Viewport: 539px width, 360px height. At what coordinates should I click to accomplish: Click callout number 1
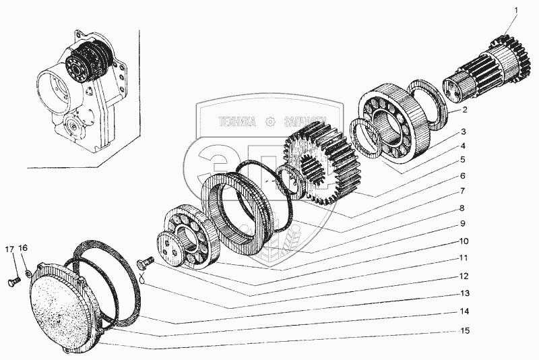(516, 10)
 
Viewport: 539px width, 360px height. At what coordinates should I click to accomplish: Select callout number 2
(464, 110)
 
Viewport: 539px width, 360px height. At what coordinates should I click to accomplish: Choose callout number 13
(464, 294)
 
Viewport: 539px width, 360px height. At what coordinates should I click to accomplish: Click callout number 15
(464, 331)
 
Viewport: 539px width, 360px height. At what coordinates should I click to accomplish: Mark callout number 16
(23, 249)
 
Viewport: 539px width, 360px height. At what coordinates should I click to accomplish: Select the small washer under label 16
(26, 272)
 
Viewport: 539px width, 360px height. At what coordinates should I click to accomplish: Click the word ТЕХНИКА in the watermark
(237, 122)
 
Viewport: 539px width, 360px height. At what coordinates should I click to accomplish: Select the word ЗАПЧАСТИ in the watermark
(305, 122)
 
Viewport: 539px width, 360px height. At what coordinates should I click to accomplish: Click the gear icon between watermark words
(271, 122)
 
